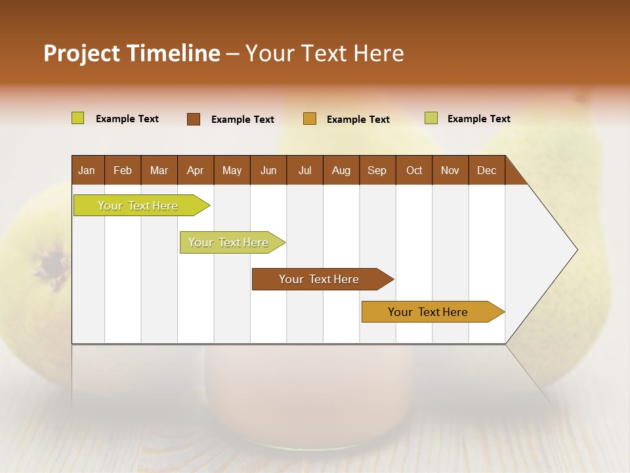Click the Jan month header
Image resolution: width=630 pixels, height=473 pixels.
click(87, 170)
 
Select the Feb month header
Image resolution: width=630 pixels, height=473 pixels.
click(123, 170)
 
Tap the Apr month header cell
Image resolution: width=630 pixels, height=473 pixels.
click(196, 170)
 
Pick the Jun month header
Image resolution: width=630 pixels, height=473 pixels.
click(268, 170)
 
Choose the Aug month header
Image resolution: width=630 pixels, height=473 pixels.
click(341, 170)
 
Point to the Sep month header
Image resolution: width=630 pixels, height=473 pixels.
click(377, 170)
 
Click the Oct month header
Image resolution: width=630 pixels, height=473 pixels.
click(414, 170)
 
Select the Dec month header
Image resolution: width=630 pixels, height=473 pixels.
click(487, 170)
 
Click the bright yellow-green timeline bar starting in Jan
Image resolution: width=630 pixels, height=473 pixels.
click(138, 206)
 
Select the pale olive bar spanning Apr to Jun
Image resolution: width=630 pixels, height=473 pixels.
click(228, 242)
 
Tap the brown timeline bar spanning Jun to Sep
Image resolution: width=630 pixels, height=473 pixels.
click(319, 279)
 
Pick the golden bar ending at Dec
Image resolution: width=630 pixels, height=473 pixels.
click(428, 312)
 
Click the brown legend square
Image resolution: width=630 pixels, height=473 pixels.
click(194, 119)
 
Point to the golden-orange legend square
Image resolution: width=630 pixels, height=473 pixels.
click(310, 119)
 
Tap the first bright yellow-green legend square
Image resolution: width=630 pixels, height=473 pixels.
click(78, 118)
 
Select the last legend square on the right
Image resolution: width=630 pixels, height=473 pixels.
click(431, 118)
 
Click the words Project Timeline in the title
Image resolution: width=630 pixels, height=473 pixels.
click(132, 53)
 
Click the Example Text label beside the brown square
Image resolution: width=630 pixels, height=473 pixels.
click(243, 120)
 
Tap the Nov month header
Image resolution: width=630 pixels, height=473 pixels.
click(450, 170)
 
